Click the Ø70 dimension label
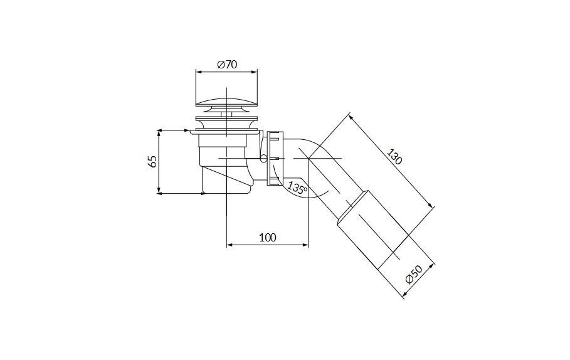[227, 65]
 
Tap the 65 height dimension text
[153, 161]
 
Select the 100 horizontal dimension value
[268, 238]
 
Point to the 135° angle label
[298, 188]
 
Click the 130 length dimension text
[394, 156]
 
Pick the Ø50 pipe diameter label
[414, 275]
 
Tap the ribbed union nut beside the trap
[275, 159]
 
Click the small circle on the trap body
[264, 158]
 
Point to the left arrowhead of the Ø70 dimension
[199, 71]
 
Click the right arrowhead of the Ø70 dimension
[255, 71]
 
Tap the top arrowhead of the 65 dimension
[159, 133]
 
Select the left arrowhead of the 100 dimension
[230, 245]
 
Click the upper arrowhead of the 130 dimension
[351, 118]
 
